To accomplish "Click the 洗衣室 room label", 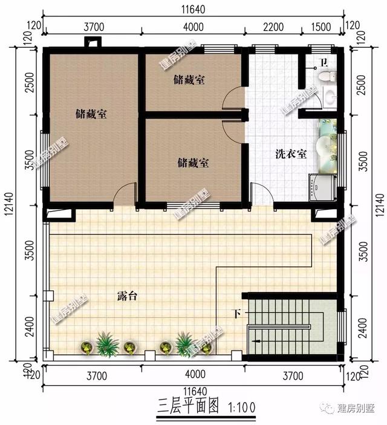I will (291, 154).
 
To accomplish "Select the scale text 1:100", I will (244, 404).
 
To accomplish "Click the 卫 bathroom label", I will (323, 62).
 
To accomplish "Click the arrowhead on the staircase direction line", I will (258, 342).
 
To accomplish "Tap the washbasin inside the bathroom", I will (330, 96).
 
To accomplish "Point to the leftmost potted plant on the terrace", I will (86, 347).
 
